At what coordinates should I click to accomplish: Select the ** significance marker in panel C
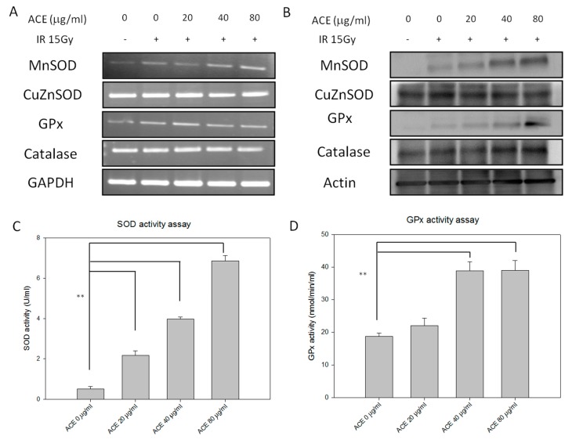[x=81, y=297]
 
